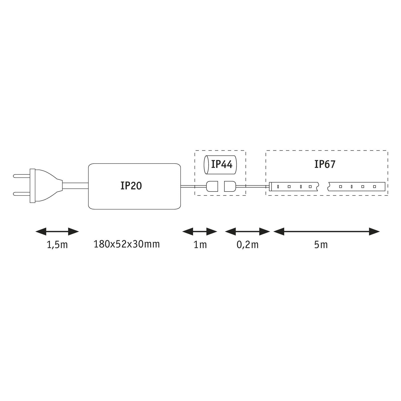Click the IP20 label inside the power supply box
[131, 186]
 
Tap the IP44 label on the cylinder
[222, 164]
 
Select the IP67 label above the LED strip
[325, 164]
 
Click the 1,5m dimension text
[57, 245]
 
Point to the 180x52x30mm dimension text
[127, 244]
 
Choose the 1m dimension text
[200, 245]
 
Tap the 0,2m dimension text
[247, 245]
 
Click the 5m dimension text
[321, 245]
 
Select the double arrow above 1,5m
[57, 232]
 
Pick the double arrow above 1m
[200, 232]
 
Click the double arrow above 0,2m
[247, 232]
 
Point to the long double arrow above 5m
[327, 232]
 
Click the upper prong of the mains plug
[22, 176]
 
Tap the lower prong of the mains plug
[22, 194]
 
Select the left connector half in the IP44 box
[212, 186]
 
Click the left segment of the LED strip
[294, 186]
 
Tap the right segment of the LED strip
[356, 186]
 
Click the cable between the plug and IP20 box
[75, 186]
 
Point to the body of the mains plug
[45, 185]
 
